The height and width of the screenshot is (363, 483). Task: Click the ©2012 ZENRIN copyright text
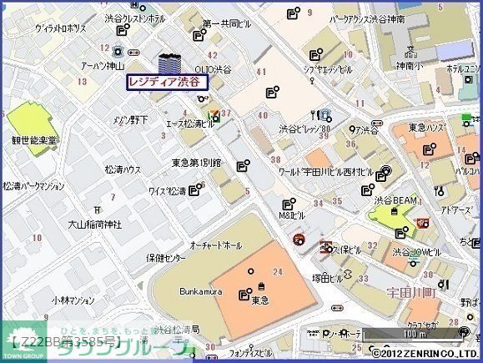[425, 354]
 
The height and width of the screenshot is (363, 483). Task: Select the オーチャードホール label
[215, 247]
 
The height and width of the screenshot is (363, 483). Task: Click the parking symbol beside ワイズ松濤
[194, 191]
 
